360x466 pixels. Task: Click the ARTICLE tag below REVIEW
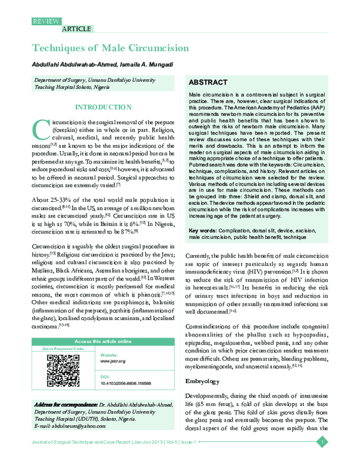[x=77, y=28]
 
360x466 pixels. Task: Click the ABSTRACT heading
[x=208, y=82]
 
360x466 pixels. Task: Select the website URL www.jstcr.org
[x=113, y=361]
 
